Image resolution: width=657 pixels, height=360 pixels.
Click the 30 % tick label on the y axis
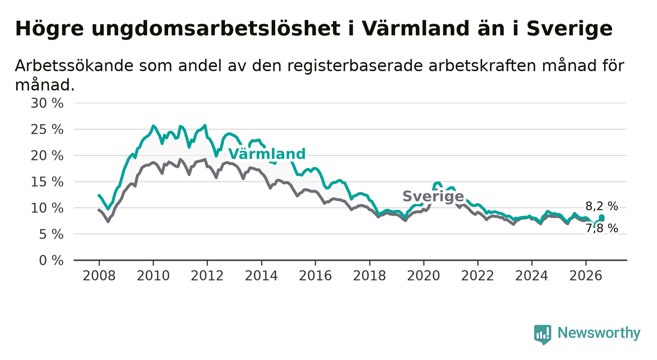coord(47,103)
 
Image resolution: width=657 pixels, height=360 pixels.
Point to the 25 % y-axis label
coord(47,129)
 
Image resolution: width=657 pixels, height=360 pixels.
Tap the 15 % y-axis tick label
coord(47,182)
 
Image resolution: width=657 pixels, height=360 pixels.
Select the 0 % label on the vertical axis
coord(51,260)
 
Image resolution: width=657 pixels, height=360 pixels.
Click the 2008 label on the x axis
coord(99,276)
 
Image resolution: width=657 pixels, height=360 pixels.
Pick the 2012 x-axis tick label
coord(207,276)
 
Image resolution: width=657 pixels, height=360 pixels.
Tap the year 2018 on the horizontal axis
coord(369,276)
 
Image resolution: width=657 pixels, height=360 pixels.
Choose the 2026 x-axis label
coord(586,276)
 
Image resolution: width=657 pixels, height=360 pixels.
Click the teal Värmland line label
coord(267,154)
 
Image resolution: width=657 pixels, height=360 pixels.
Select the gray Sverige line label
coord(433,196)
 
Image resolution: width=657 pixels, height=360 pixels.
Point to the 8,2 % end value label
coord(602,206)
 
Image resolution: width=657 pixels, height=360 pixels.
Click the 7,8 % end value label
coord(602,228)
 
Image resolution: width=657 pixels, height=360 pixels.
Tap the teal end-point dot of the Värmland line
coord(602,217)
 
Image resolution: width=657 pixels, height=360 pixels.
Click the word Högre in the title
coord(49,29)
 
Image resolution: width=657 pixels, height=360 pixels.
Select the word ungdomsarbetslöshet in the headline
coord(216,29)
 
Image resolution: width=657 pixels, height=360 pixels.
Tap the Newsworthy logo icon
coord(543,334)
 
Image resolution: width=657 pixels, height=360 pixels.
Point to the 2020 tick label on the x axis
coord(424,276)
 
